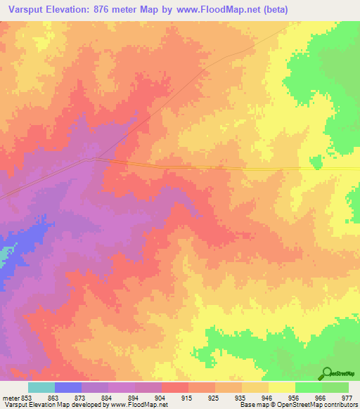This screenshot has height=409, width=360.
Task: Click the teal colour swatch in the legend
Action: coord(41,387)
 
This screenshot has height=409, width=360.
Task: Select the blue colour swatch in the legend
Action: coord(67,387)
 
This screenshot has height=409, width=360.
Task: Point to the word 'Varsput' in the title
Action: coord(25,11)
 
